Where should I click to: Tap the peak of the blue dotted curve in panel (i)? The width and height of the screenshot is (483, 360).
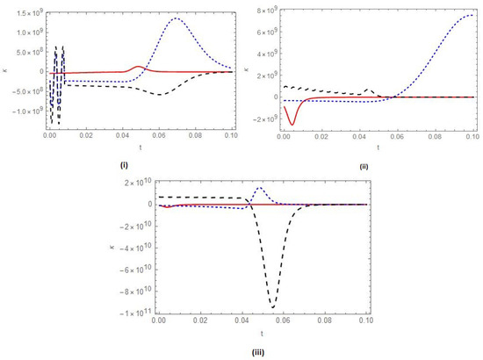tap(177, 18)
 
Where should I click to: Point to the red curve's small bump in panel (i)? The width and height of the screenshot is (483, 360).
tap(138, 67)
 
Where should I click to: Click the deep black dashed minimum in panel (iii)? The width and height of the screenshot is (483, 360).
tap(273, 306)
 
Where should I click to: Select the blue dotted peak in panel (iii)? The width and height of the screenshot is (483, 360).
tap(259, 188)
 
